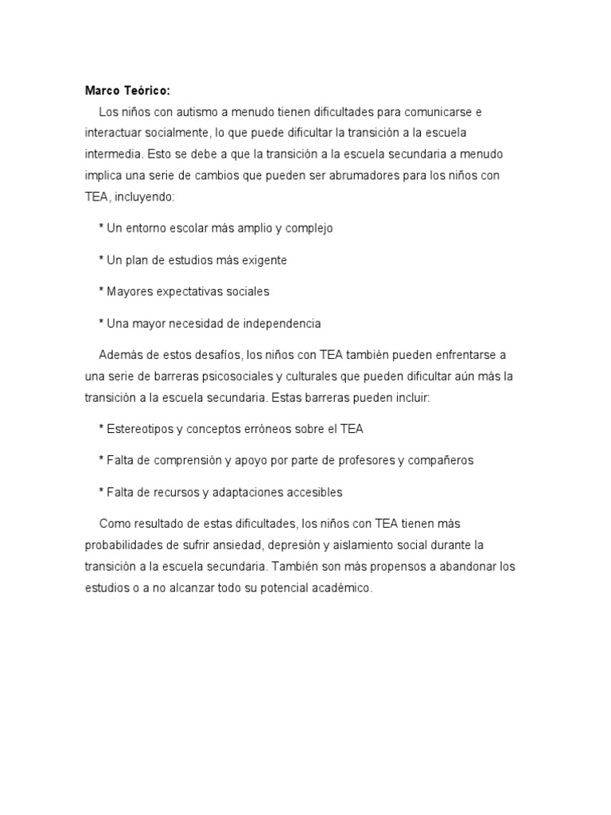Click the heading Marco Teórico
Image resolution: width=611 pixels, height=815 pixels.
(127, 90)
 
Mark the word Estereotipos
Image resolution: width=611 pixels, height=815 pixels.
(140, 429)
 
